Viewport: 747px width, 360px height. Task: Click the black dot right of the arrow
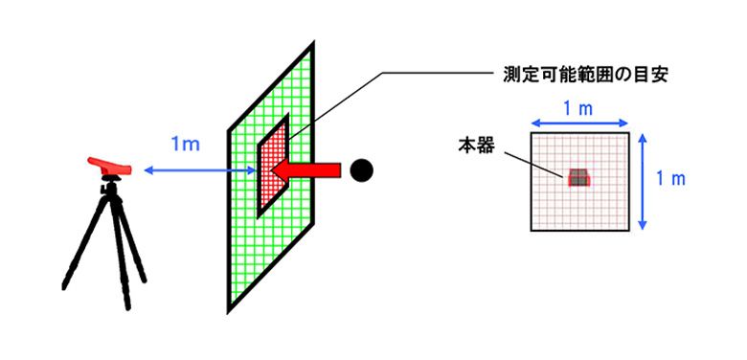pyautogui.click(x=361, y=170)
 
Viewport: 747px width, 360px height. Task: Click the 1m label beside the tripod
pyautogui.click(x=184, y=145)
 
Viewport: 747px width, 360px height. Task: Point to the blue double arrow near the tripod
pyautogui.click(x=187, y=170)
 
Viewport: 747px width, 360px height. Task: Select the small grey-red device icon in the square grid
pyautogui.click(x=578, y=177)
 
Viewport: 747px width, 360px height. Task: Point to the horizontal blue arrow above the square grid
pyautogui.click(x=578, y=124)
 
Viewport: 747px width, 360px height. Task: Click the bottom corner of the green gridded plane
pyautogui.click(x=230, y=308)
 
